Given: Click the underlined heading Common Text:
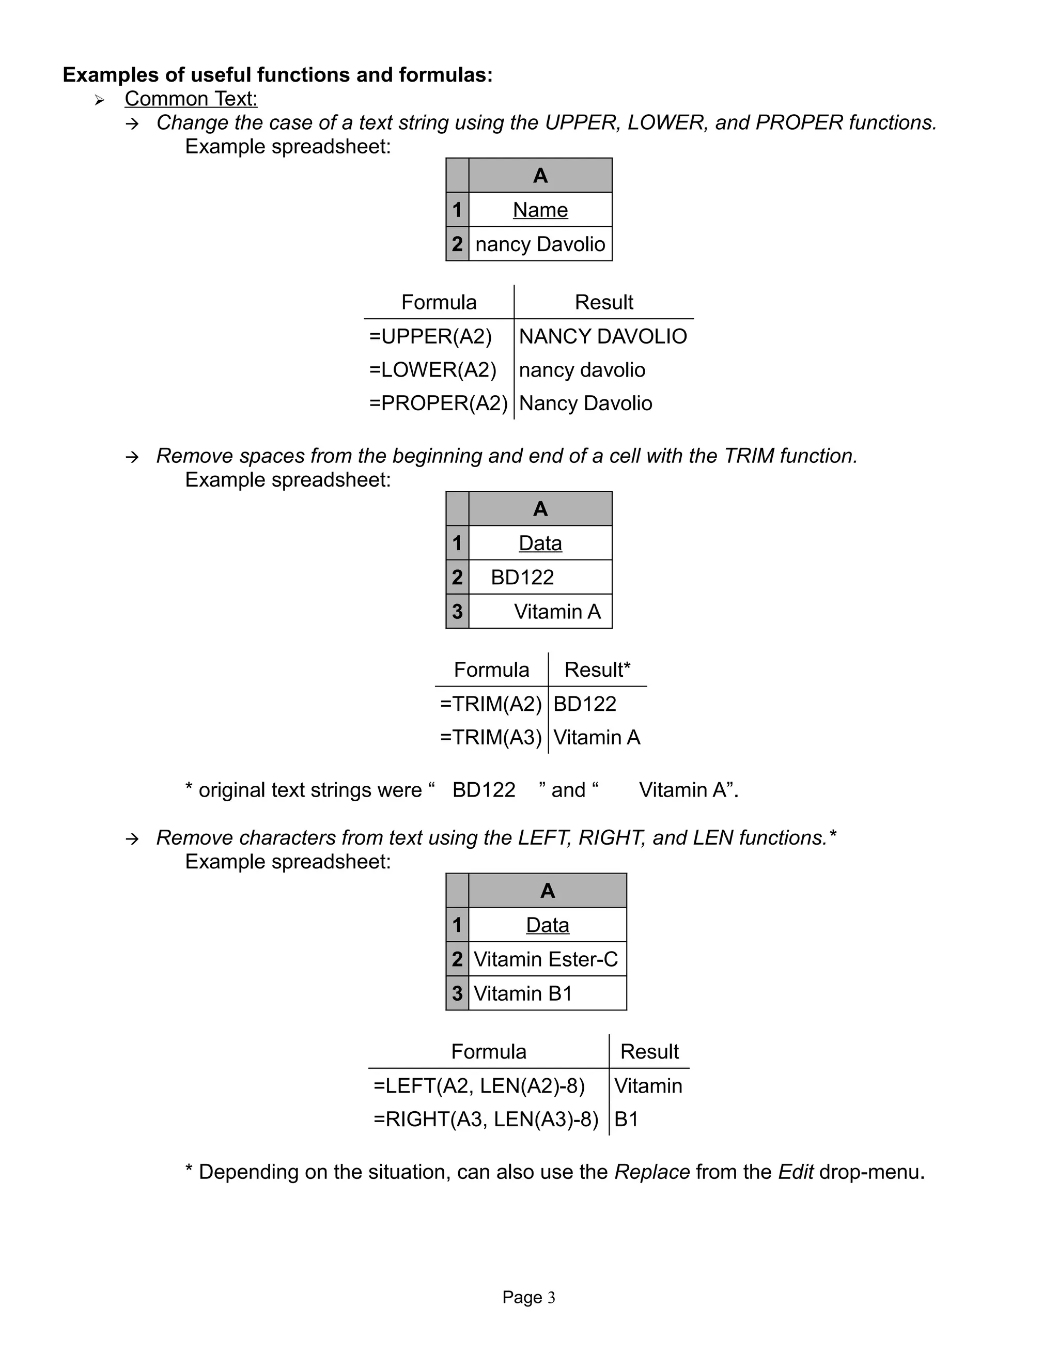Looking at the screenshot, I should point(191,99).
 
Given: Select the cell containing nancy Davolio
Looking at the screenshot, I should point(540,244).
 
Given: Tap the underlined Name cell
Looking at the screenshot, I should point(540,210).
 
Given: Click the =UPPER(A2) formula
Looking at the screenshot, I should point(431,337).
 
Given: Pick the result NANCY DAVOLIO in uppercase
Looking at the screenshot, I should point(602,337).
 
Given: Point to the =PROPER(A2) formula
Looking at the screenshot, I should point(438,403).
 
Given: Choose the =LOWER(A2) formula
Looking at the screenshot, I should point(432,370).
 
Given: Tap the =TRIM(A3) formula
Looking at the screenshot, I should point(490,737).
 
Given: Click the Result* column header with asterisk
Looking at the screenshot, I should point(597,670).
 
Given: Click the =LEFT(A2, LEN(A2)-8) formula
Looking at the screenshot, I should point(479,1086).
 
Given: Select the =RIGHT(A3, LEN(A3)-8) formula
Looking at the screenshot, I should point(486,1119).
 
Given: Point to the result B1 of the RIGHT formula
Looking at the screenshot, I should point(626,1119).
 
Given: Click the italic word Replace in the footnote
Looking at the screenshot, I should point(652,1172).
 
